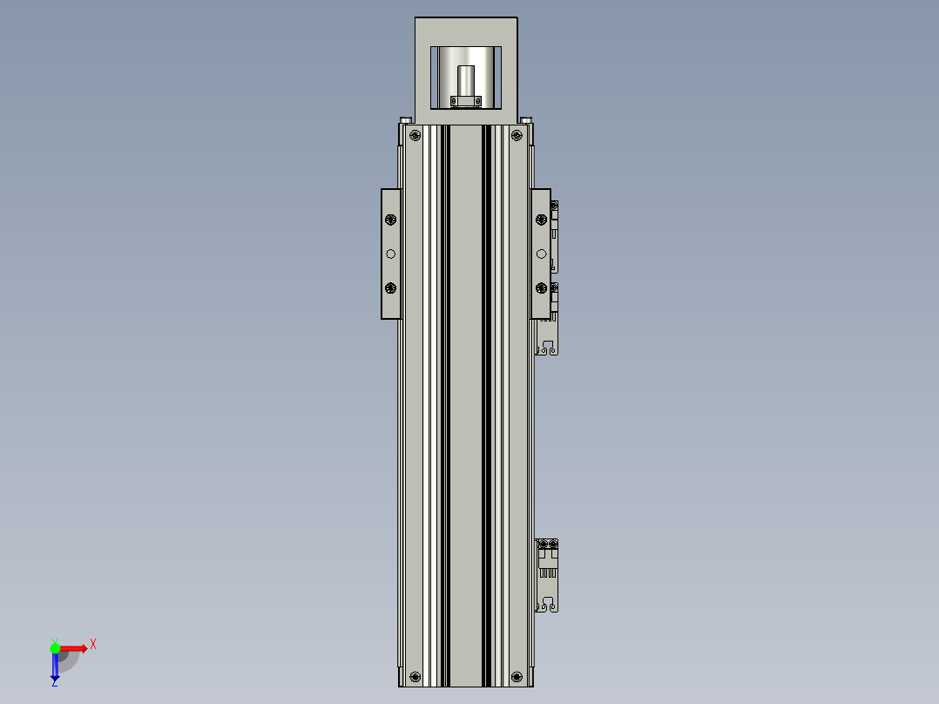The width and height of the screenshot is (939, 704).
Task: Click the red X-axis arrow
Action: [x=75, y=647]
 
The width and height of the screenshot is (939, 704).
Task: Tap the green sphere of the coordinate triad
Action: [x=55, y=647]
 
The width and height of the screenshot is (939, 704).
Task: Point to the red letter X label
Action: [x=93, y=645]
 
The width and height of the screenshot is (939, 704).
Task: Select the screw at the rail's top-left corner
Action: [x=415, y=135]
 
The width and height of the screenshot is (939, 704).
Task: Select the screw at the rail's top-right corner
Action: [x=517, y=135]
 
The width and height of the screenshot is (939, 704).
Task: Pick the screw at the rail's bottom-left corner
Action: [x=415, y=676]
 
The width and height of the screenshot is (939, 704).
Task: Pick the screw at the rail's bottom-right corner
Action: [x=517, y=676]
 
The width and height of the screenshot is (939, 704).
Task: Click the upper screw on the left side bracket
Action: [x=390, y=220]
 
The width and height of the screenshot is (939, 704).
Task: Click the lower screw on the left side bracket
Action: [x=390, y=288]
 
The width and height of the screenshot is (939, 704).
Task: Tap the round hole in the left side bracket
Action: [x=390, y=254]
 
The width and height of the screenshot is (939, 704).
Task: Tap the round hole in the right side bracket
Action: [x=541, y=254]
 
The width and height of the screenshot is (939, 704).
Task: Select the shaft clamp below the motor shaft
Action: [x=466, y=102]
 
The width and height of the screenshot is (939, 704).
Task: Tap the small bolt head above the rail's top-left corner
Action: [x=406, y=120]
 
